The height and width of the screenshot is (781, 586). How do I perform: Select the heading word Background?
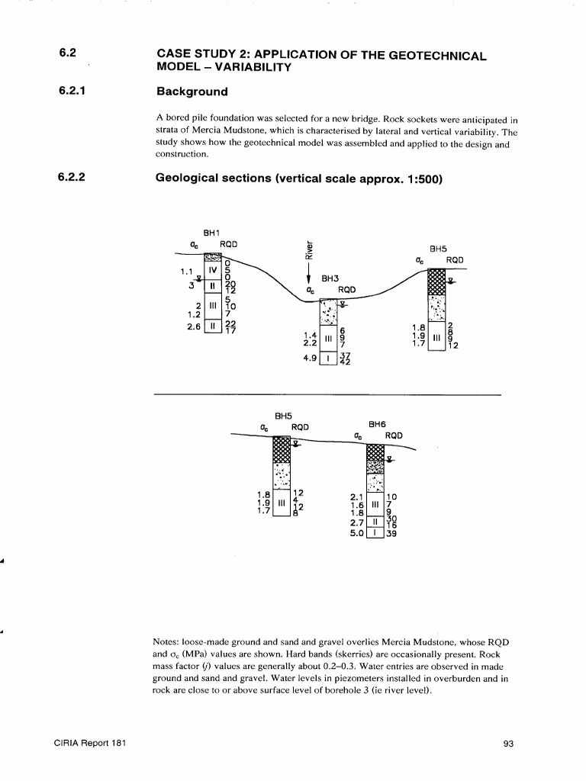coord(192,92)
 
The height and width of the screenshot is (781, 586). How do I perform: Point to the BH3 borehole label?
coord(330,279)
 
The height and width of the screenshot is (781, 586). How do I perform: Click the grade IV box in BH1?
coord(214,269)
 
